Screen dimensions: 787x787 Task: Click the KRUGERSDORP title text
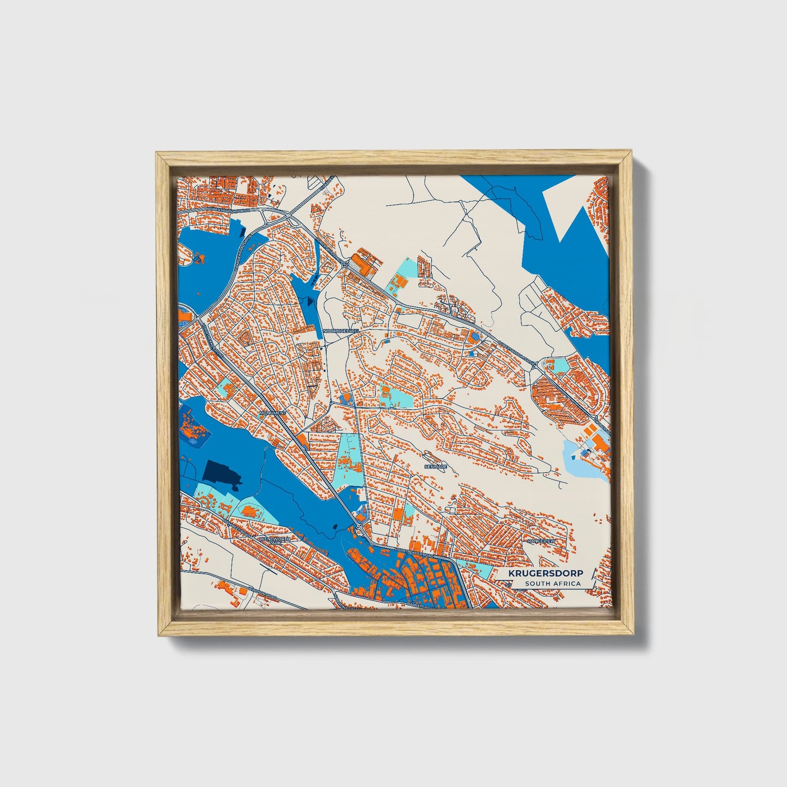click(x=545, y=574)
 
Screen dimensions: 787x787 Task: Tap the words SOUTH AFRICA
click(x=553, y=584)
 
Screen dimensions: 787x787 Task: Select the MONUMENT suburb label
click(x=272, y=413)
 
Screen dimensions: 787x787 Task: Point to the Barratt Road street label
click(x=420, y=606)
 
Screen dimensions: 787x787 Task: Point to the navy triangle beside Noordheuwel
click(x=311, y=299)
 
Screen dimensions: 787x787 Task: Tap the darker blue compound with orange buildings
click(x=193, y=428)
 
